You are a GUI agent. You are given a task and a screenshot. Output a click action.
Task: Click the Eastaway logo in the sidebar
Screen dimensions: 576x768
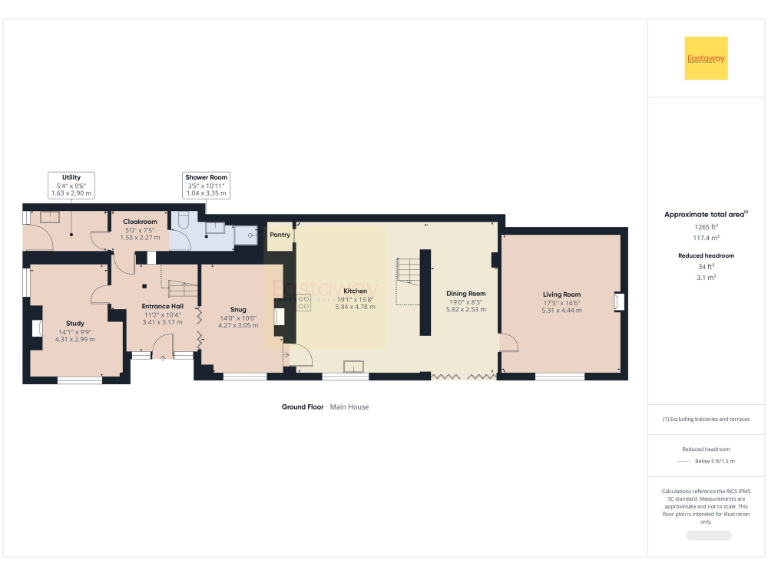[706, 58]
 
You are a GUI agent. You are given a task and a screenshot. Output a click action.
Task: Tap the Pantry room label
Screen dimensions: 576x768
[279, 236]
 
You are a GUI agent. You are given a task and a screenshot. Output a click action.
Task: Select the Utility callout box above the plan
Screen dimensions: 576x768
[70, 184]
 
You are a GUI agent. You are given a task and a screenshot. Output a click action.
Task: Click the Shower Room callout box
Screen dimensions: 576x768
[206, 184]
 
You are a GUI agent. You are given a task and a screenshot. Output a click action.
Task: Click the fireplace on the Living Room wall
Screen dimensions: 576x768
[620, 300]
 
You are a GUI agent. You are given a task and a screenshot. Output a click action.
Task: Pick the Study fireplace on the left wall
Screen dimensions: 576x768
[37, 329]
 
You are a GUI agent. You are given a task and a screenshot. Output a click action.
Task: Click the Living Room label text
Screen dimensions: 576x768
[561, 294]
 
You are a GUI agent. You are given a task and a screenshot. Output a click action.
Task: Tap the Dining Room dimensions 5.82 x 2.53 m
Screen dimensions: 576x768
[465, 310]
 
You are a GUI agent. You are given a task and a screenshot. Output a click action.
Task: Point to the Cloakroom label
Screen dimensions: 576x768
[140, 221]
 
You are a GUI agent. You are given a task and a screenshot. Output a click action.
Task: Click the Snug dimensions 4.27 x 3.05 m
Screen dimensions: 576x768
[238, 326]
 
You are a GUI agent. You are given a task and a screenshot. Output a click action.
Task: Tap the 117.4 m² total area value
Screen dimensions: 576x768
[706, 237]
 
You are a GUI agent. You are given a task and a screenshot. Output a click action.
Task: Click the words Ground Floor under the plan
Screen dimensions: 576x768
[302, 407]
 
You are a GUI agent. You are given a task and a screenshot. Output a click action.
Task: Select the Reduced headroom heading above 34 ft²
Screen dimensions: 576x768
[706, 256]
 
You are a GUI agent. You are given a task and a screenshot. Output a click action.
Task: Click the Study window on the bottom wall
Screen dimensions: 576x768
[79, 380]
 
